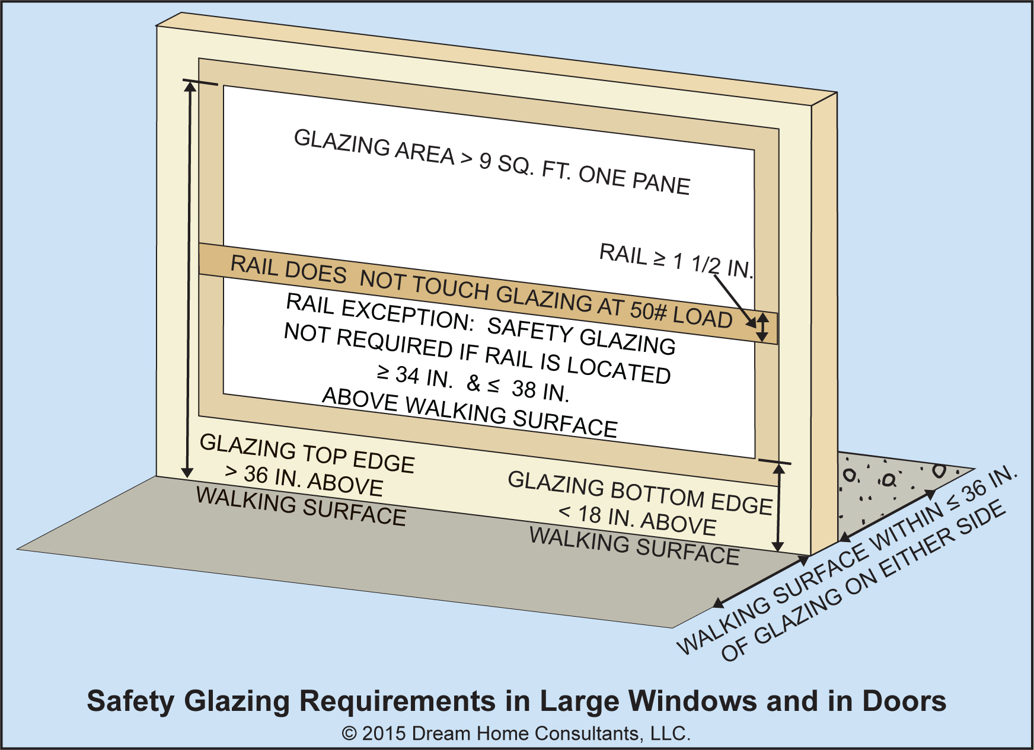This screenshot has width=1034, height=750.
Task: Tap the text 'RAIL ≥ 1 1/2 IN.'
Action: [x=676, y=261]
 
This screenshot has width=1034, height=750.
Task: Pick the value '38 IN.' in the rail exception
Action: [x=540, y=390]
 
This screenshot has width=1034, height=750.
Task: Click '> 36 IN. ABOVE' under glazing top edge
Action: [x=304, y=479]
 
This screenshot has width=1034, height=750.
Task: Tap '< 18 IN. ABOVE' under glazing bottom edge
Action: [x=637, y=519]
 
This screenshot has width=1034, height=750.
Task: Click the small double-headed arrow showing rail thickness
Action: [x=763, y=328]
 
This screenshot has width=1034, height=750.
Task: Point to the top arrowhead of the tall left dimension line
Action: [x=190, y=86]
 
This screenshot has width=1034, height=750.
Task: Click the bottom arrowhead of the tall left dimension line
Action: [x=187, y=472]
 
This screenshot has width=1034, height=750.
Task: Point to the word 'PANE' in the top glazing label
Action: [x=661, y=182]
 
